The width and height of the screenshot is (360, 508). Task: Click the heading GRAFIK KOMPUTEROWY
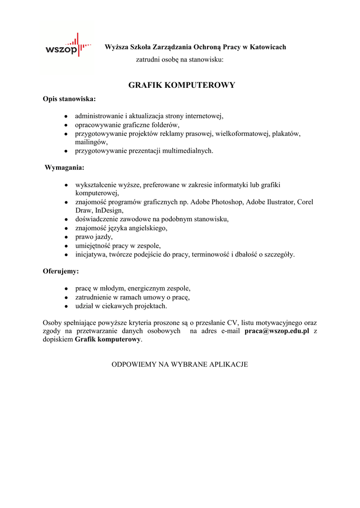pyautogui.click(x=181, y=85)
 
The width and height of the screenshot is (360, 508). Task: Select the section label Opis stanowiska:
pyautogui.click(x=69, y=99)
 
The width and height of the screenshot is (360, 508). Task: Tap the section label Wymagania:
pyautogui.click(x=65, y=167)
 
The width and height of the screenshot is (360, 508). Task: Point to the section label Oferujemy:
pyautogui.click(x=61, y=271)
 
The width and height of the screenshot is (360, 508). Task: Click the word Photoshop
pyautogui.click(x=227, y=202)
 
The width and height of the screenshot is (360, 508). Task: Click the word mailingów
pyautogui.click(x=91, y=142)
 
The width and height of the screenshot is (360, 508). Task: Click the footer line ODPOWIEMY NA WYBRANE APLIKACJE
pyautogui.click(x=179, y=364)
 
